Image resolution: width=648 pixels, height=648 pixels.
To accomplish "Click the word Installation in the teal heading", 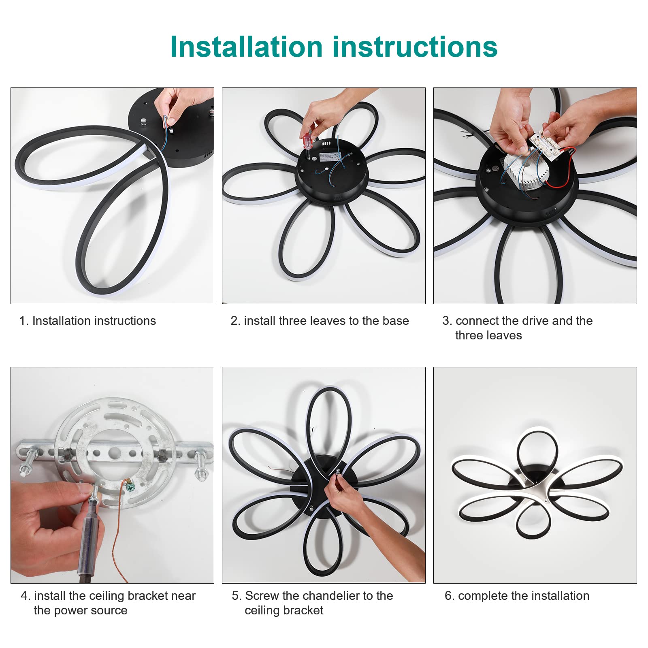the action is pyautogui.click(x=246, y=47).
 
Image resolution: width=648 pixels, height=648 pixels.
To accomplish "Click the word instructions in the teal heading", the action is pyautogui.click(x=415, y=47).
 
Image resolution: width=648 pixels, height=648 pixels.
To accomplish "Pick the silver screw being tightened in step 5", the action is pyautogui.click(x=337, y=472).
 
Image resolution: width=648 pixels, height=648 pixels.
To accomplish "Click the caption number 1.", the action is pyautogui.click(x=23, y=321).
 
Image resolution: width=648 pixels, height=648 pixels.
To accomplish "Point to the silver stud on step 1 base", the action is pyautogui.click(x=144, y=121).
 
